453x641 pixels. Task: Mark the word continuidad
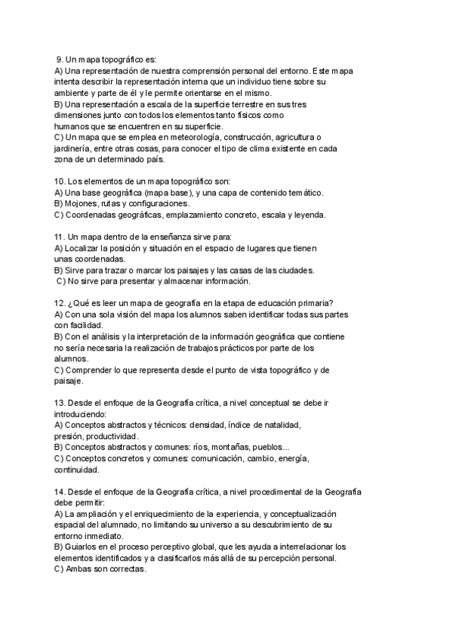76,469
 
